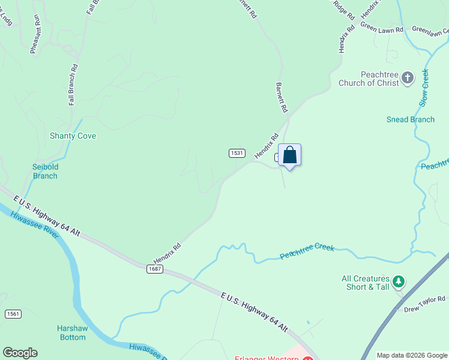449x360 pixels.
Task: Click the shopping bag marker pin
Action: click(x=289, y=156)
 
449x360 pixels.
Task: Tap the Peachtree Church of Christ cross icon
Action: click(x=408, y=78)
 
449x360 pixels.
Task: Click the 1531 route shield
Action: click(x=237, y=154)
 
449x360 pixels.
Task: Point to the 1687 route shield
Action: click(x=154, y=269)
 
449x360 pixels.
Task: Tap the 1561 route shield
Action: click(x=13, y=314)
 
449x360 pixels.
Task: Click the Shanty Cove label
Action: click(x=73, y=136)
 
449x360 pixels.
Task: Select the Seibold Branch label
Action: click(x=45, y=172)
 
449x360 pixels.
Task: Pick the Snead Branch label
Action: click(x=411, y=119)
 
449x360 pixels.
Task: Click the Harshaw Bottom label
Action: click(x=71, y=333)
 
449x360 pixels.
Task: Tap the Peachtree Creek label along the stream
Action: click(x=307, y=252)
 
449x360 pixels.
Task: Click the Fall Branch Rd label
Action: click(x=73, y=85)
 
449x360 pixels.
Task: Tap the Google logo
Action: click(x=20, y=353)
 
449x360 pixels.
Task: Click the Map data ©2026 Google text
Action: click(x=412, y=355)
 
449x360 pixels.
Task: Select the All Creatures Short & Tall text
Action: click(x=365, y=283)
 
